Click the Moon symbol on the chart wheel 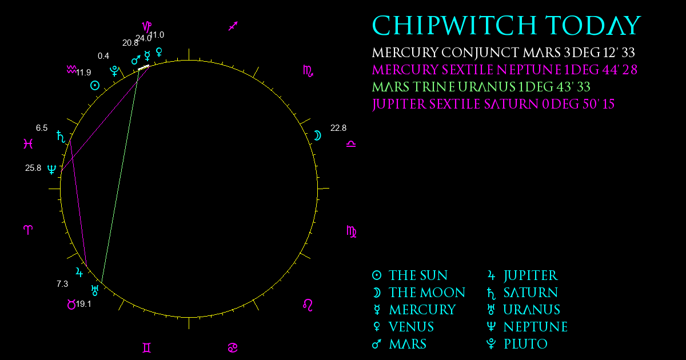pyautogui.click(x=318, y=135)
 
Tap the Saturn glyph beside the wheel pyautogui.click(x=61, y=137)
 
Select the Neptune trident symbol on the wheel pyautogui.click(x=52, y=169)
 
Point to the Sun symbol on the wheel pyautogui.click(x=95, y=85)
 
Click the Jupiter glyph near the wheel pyautogui.click(x=79, y=272)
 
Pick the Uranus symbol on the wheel pyautogui.click(x=95, y=290)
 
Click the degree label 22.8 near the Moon pyautogui.click(x=338, y=128)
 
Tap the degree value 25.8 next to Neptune pyautogui.click(x=33, y=168)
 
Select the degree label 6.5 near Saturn pyautogui.click(x=42, y=128)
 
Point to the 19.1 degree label pyautogui.click(x=83, y=304)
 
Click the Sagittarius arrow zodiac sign pyautogui.click(x=233, y=26)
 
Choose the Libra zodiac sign pyautogui.click(x=351, y=144)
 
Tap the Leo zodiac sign pyautogui.click(x=308, y=305)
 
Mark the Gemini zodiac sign pyautogui.click(x=147, y=348)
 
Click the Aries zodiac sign pyautogui.click(x=28, y=230)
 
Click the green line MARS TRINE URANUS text pyautogui.click(x=481, y=87)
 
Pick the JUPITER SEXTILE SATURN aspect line pyautogui.click(x=78, y=203)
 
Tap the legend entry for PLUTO pyautogui.click(x=517, y=344)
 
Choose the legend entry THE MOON pyautogui.click(x=418, y=293)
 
